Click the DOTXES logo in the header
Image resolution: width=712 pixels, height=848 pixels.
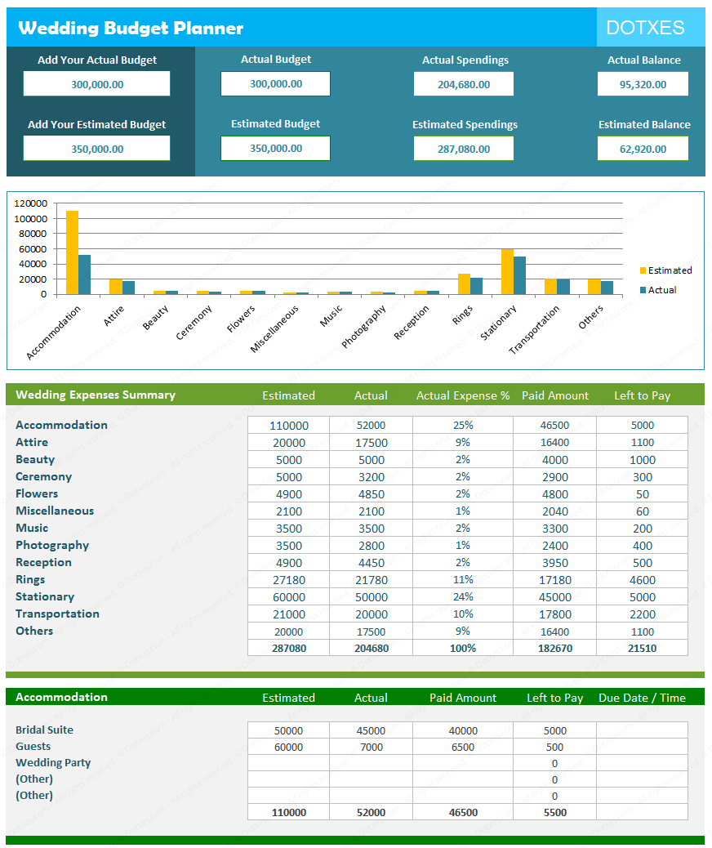[645, 28]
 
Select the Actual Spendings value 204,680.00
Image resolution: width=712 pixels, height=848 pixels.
[464, 84]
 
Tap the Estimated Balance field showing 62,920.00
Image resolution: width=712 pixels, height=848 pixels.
[643, 149]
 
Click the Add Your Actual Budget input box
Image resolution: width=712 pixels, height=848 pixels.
[96, 84]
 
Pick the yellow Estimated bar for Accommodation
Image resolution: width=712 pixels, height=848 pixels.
[73, 252]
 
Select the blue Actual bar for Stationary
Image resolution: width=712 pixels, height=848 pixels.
[519, 275]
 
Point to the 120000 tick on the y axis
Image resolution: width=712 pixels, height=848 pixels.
[30, 203]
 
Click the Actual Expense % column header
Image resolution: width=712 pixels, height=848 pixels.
[463, 395]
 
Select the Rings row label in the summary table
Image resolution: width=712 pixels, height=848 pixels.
[30, 580]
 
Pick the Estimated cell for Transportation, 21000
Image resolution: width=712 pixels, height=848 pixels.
[288, 614]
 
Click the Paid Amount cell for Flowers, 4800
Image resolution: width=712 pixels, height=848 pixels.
[555, 494]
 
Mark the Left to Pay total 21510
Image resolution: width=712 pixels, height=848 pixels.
[642, 648]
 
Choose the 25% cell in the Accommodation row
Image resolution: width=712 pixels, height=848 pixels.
[463, 426]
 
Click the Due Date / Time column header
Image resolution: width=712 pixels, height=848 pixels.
[642, 698]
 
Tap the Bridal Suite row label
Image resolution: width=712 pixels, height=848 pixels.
[44, 730]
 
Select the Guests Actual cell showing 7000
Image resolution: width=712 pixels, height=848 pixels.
[371, 748]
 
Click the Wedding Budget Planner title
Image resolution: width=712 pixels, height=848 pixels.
[131, 28]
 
